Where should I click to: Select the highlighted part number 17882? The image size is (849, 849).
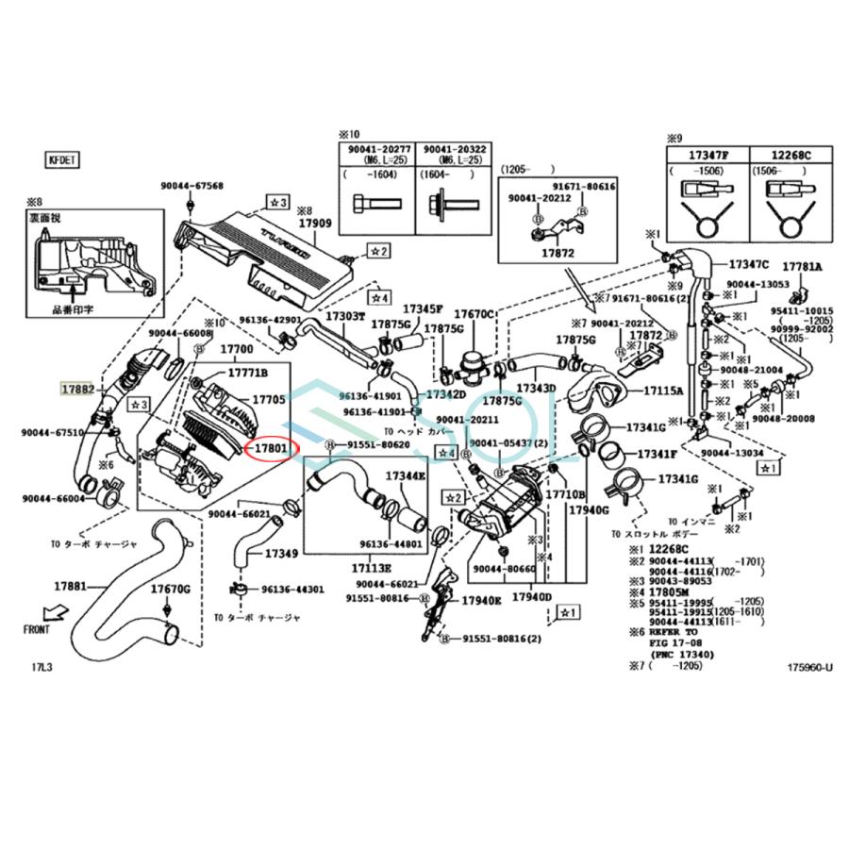click(x=78, y=389)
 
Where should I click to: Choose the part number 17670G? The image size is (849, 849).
click(x=171, y=590)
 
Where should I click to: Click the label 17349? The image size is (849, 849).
click(x=282, y=553)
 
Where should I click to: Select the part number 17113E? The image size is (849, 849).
click(x=372, y=569)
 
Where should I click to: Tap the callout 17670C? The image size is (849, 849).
click(x=474, y=314)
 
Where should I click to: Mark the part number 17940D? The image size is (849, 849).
click(x=531, y=597)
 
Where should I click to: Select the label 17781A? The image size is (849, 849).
click(x=802, y=267)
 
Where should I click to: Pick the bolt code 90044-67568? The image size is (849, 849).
click(x=191, y=186)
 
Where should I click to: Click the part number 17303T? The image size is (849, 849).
click(x=345, y=316)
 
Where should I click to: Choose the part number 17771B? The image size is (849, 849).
click(x=244, y=373)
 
